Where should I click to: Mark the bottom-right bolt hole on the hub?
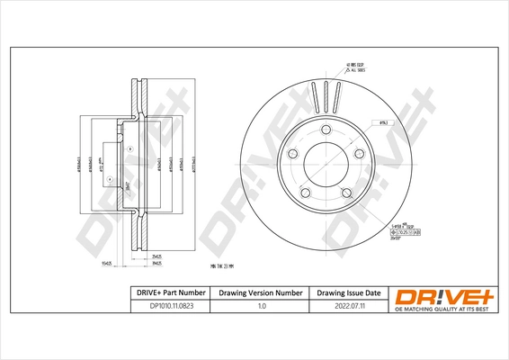[347, 192]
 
